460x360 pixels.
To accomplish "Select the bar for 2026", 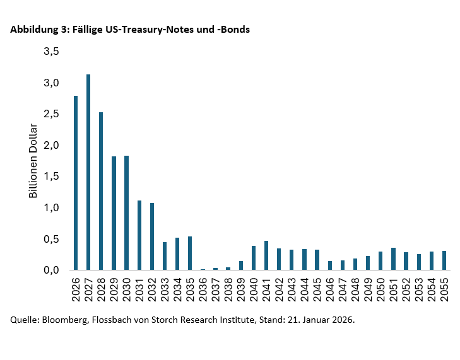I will click(76, 183).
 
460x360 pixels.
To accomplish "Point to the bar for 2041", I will click(266, 255).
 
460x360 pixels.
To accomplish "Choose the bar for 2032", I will click(152, 236).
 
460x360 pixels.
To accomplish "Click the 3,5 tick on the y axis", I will click(51, 52).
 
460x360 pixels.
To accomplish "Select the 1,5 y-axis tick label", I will click(51, 177).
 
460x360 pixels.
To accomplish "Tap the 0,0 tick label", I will click(51, 270).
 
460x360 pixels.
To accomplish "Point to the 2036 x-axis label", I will click(203, 289).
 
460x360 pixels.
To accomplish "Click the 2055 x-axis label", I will click(444, 289).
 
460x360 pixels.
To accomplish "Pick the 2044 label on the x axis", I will click(305, 289).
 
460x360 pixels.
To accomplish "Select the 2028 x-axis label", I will click(102, 289).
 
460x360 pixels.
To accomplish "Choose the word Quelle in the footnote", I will click(24, 320).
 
